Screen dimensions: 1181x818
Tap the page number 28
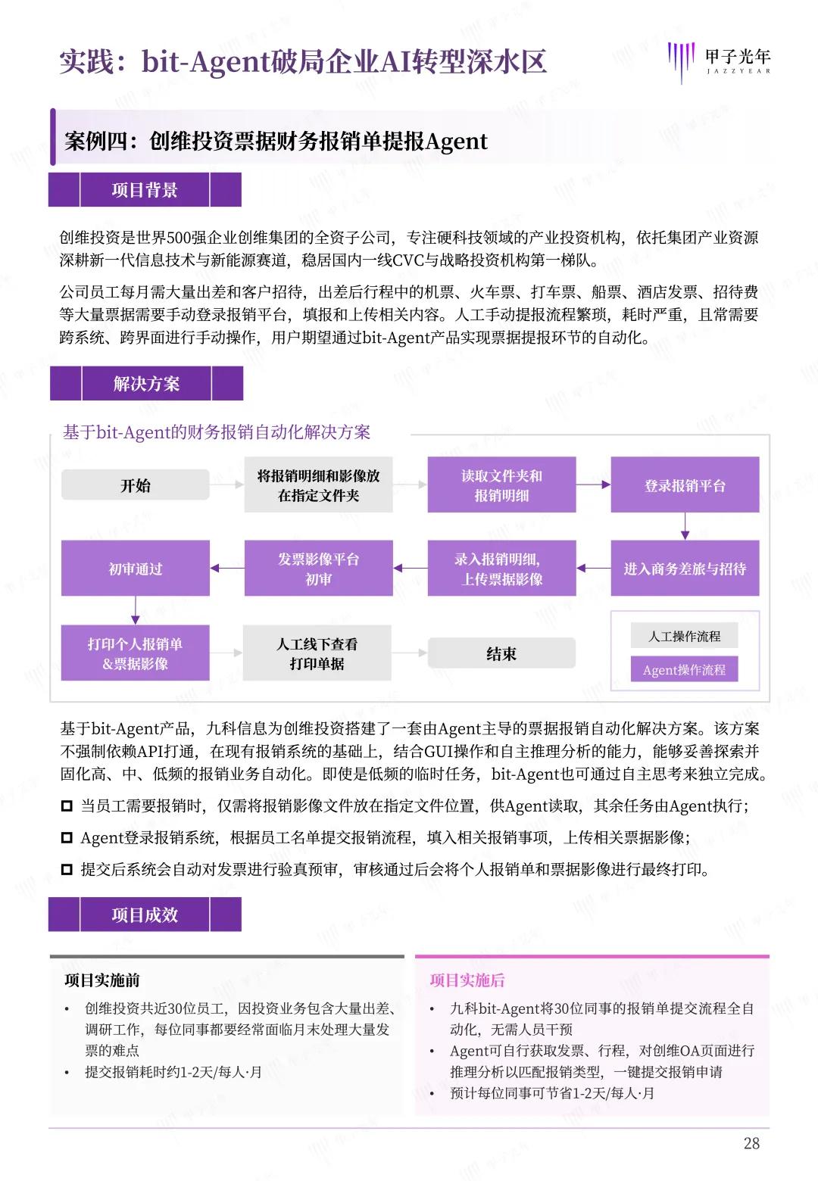click(751, 1143)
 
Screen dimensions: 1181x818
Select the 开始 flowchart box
click(136, 485)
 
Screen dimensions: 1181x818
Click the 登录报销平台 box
click(685, 485)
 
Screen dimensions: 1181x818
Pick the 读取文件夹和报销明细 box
click(501, 485)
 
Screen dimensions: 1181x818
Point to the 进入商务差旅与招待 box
click(685, 569)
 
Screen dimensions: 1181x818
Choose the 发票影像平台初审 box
click(318, 569)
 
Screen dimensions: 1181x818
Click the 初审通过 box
click(136, 569)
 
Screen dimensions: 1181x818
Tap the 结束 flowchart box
click(501, 653)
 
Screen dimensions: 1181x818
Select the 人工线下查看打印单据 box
click(317, 653)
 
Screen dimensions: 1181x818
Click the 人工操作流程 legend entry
click(684, 636)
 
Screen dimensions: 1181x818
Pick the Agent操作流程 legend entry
click(684, 669)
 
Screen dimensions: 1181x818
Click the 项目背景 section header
click(145, 190)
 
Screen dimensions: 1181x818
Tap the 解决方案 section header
click(146, 384)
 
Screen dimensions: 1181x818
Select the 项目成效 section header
click(145, 915)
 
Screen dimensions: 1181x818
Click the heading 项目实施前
click(102, 980)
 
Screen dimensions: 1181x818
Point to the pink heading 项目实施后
click(467, 980)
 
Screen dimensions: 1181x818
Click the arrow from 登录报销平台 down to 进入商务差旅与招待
click(685, 526)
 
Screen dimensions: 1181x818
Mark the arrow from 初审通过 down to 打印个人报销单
click(136, 610)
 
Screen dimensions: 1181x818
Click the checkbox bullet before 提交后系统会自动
click(67, 869)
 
